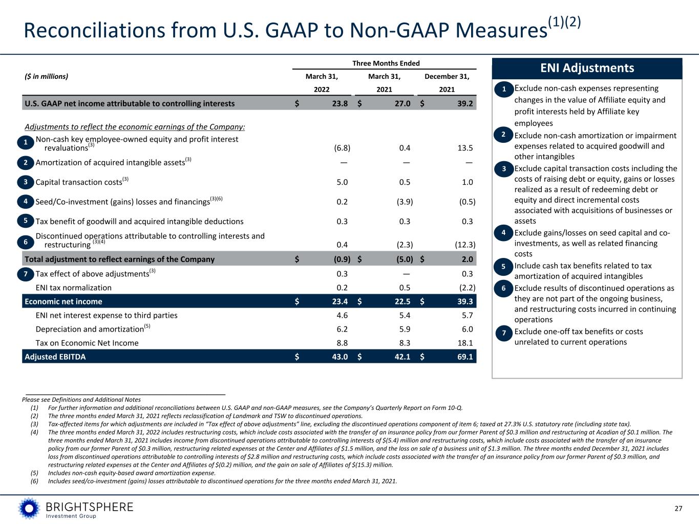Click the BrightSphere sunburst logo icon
tap(29, 508)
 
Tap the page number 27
tap(679, 509)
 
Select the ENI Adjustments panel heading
tap(587, 68)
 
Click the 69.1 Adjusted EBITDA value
tap(465, 357)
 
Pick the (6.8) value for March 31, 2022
tap(342, 148)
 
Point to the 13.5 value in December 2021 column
tap(465, 148)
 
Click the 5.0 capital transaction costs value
tap(342, 182)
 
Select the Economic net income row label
tap(63, 301)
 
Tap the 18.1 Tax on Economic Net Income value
tap(465, 343)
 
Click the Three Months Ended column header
tap(386, 63)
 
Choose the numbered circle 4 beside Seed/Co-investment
tap(26, 202)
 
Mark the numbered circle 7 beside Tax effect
tap(26, 274)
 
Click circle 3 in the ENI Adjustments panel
tap(503, 169)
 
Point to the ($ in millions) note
tap(47, 76)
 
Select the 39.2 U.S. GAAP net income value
tap(465, 103)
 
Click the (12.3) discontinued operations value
tap(465, 245)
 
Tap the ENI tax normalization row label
tap(74, 288)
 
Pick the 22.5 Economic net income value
tap(403, 301)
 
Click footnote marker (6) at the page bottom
tap(34, 481)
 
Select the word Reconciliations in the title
tap(95, 31)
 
